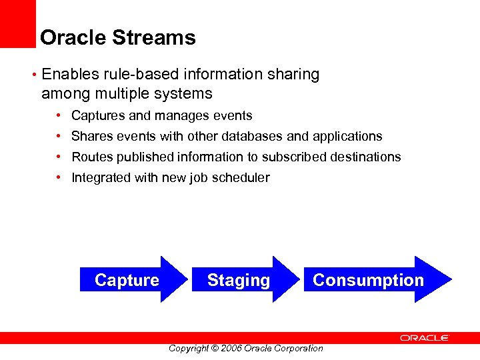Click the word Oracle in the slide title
(73, 37)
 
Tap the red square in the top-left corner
(17, 23)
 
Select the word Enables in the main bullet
(70, 75)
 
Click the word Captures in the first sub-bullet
(98, 116)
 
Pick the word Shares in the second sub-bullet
(91, 137)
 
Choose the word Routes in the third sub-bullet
(92, 157)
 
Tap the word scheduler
(241, 178)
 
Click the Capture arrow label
(127, 280)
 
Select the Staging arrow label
(239, 280)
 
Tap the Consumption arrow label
(368, 280)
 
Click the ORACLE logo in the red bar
(425, 338)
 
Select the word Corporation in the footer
(297, 348)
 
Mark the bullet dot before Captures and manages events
(59, 116)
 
